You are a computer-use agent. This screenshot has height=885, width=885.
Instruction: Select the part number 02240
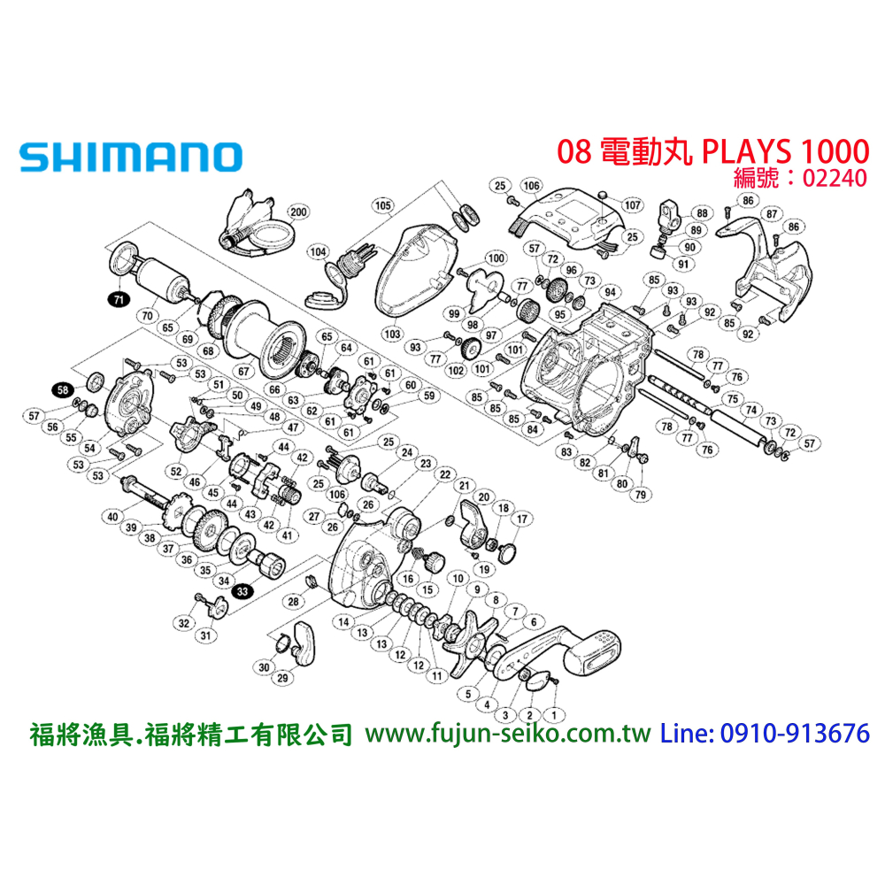(x=834, y=177)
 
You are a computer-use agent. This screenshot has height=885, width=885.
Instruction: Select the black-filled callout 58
(x=62, y=389)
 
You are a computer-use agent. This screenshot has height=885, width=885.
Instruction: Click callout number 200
(x=298, y=212)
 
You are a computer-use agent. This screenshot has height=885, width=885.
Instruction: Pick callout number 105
(x=382, y=206)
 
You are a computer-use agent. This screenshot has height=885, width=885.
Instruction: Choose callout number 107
(x=632, y=205)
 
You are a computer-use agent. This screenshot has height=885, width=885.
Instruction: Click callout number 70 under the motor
(x=148, y=313)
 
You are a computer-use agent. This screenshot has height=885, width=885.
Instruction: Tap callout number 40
(x=112, y=517)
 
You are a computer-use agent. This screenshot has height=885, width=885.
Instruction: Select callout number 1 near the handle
(x=555, y=712)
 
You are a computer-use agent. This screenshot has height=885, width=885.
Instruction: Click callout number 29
(x=284, y=678)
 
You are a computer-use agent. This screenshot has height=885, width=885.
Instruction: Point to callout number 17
(x=521, y=519)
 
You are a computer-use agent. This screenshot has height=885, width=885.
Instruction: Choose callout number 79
(x=638, y=494)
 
